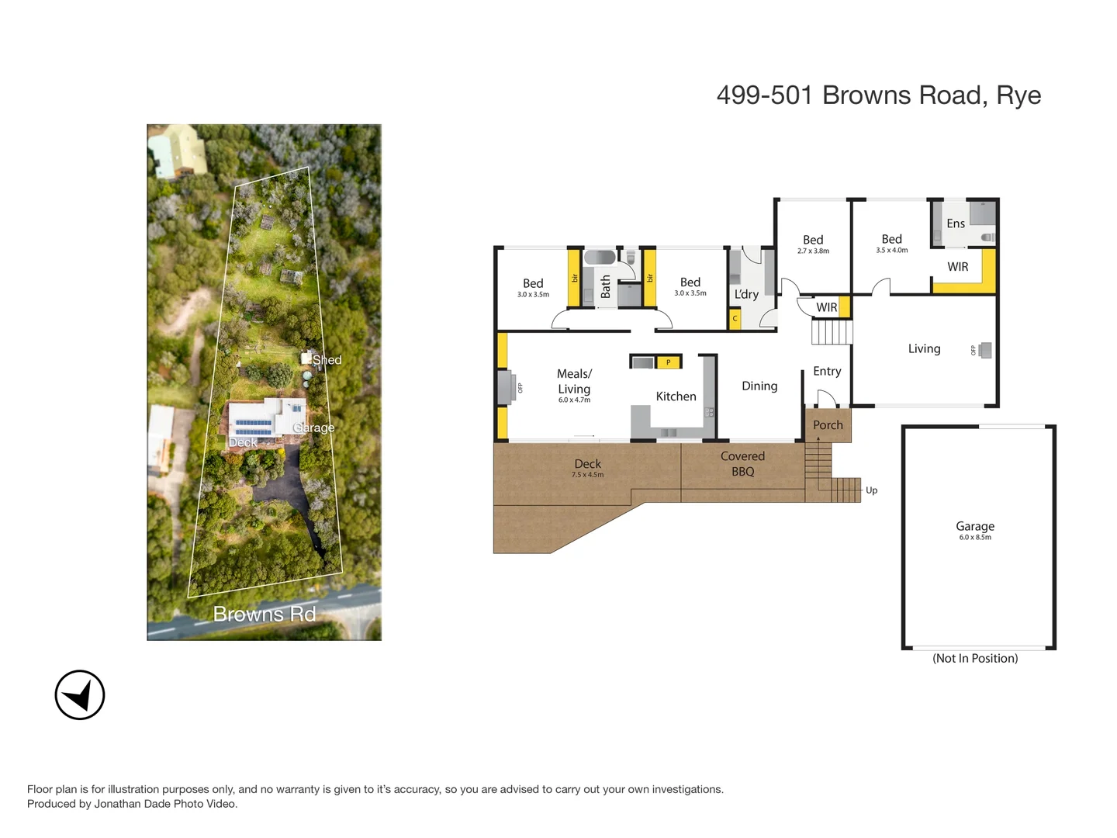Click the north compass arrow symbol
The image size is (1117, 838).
[80, 695]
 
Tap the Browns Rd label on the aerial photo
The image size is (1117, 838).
[264, 614]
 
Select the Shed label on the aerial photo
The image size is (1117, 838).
[327, 360]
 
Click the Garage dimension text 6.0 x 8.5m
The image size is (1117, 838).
[975, 538]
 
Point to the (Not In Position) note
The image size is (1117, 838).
[975, 658]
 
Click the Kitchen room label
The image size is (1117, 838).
[676, 396]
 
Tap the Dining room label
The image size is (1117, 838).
[759, 386]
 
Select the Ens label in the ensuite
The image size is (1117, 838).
[956, 223]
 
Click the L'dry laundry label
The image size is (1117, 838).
[746, 294]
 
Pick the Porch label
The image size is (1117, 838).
[828, 425]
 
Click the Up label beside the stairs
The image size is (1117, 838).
[871, 490]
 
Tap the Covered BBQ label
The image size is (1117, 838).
[742, 464]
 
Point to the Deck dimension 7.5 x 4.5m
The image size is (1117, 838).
[587, 475]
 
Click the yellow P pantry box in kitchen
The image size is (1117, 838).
[668, 362]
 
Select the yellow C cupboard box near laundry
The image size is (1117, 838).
[735, 319]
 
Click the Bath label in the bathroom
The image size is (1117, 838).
[606, 286]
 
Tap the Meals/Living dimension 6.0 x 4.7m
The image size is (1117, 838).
[574, 400]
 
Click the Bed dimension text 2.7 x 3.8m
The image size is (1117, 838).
[813, 251]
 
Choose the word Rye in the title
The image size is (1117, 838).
[1018, 95]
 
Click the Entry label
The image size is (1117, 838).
[827, 372]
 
